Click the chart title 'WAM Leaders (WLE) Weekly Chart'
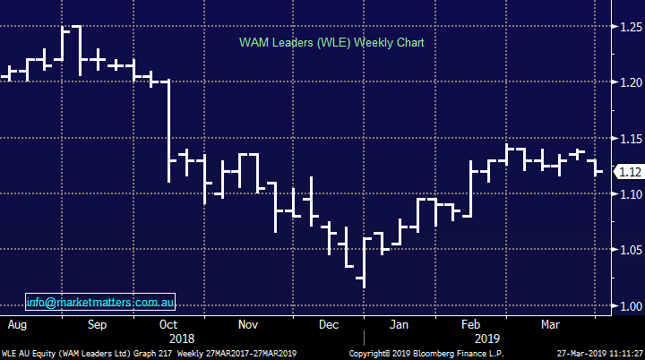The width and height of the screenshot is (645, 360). click(x=331, y=42)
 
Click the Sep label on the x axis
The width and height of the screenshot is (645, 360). click(x=96, y=324)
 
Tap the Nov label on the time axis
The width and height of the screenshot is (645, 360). click(x=248, y=324)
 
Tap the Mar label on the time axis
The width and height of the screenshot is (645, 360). click(x=552, y=324)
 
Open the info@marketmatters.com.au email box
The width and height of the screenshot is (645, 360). click(x=100, y=302)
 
